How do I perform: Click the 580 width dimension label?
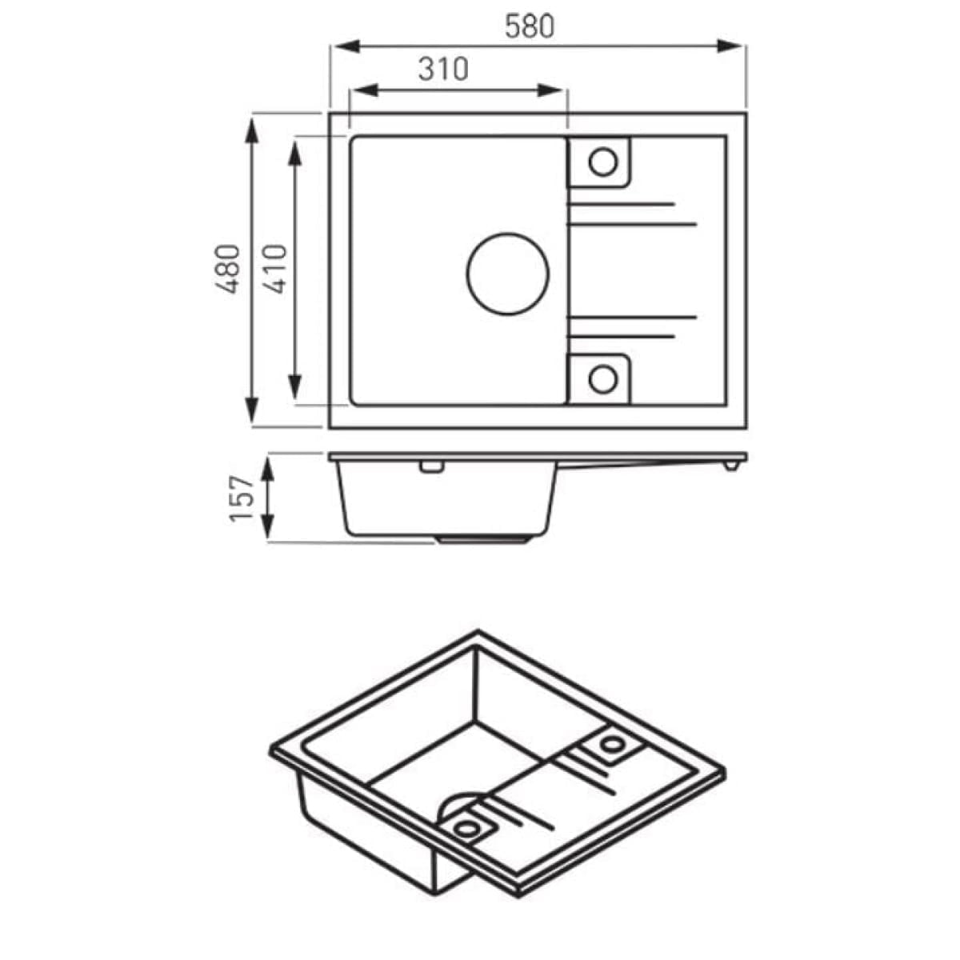pos(529,26)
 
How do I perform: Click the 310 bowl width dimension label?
pos(443,70)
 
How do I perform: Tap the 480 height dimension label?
pos(228,269)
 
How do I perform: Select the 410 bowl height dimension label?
pos(274,269)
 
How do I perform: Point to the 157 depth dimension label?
pos(242,498)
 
